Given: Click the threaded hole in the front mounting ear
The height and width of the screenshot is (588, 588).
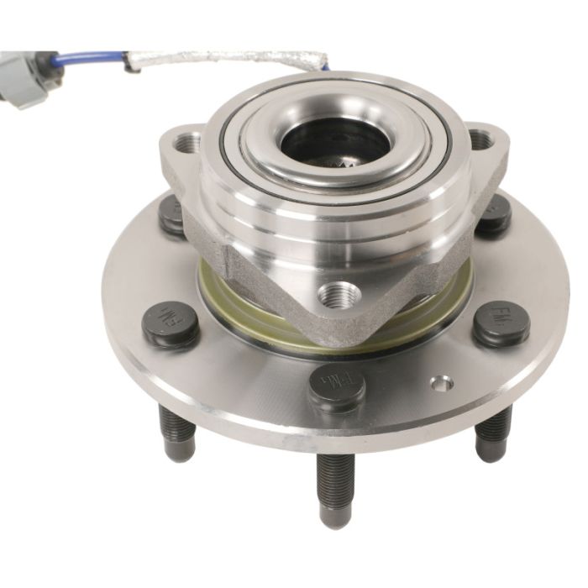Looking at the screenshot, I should (339, 295).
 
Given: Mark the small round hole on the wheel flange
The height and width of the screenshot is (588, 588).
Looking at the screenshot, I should (441, 383).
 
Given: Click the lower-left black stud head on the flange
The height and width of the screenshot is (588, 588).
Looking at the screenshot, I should (171, 324).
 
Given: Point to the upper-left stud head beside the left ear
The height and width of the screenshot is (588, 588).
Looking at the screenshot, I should (172, 214).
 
